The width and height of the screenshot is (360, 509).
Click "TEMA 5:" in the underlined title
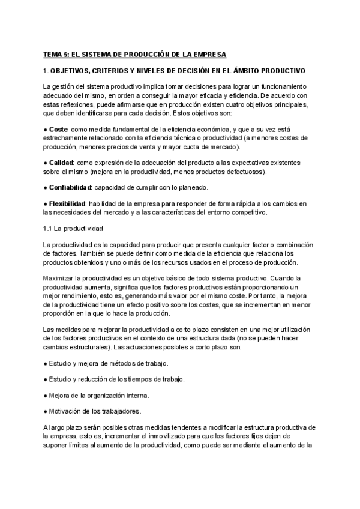coord(56,55)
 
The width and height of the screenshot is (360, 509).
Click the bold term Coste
coord(58,129)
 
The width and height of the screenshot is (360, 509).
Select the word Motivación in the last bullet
coord(67,411)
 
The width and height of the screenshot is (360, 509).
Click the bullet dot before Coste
coord(46,129)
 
